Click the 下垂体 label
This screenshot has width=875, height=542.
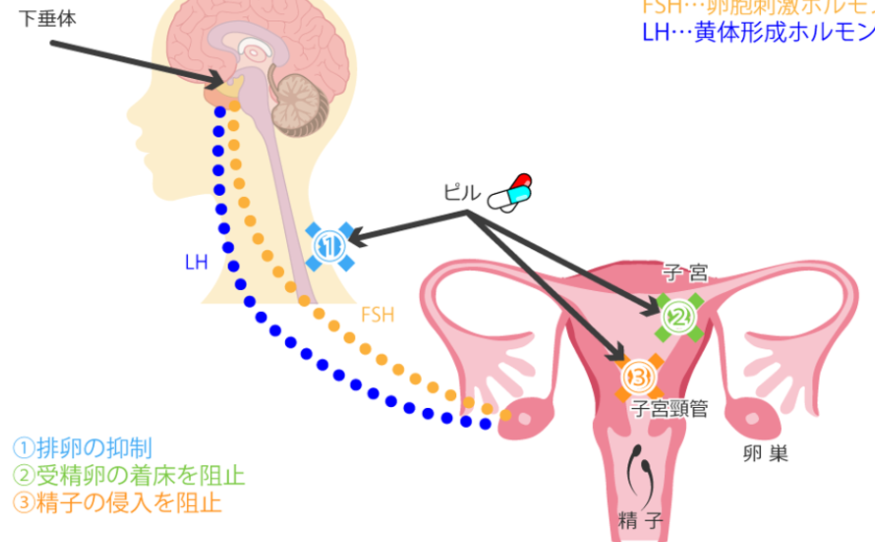point(47,19)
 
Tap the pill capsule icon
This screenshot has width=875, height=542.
point(510,192)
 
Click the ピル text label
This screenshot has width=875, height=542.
point(462,193)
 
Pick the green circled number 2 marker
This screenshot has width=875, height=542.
point(679,317)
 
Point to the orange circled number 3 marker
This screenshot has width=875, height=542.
point(637,377)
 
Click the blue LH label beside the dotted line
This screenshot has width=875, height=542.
point(196,261)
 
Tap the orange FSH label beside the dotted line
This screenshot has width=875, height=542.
point(377,314)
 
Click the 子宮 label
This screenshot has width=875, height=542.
point(685,274)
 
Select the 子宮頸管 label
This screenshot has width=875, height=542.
point(670,410)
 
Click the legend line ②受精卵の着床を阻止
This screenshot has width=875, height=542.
point(128,474)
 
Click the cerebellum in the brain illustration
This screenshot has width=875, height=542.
point(300,104)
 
